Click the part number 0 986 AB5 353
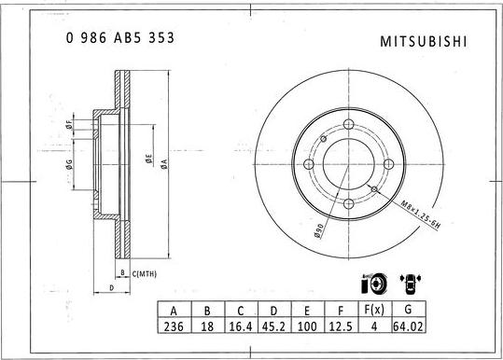[x=119, y=38]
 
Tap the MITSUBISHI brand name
[x=426, y=42]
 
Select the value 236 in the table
[x=172, y=328]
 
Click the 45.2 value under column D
[x=273, y=328]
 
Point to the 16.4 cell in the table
[x=240, y=328]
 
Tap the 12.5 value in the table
[x=341, y=328]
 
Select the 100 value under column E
[x=307, y=328]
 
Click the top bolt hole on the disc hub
[x=348, y=127]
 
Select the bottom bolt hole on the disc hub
[x=348, y=203]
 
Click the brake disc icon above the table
[x=370, y=282]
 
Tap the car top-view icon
[x=409, y=282]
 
